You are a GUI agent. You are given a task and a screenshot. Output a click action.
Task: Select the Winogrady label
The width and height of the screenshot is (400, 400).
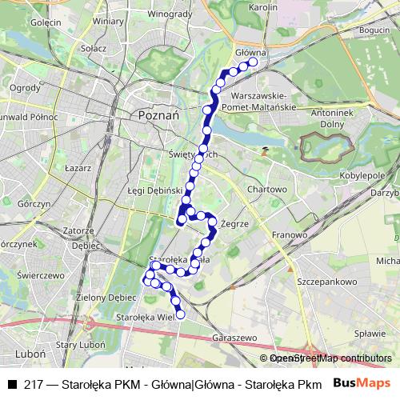[170, 13]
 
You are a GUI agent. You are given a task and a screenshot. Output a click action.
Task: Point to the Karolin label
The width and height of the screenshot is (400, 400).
[262, 7]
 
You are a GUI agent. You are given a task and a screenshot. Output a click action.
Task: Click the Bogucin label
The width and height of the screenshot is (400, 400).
[374, 30]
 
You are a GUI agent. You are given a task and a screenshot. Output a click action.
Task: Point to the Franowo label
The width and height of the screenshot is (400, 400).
[288, 235]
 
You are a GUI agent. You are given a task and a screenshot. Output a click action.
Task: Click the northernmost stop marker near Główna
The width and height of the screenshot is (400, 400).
[254, 62]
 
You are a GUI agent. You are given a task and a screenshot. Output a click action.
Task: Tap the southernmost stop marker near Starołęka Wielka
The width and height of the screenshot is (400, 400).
[180, 315]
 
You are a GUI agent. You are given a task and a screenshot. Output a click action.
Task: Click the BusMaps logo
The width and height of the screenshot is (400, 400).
[361, 383]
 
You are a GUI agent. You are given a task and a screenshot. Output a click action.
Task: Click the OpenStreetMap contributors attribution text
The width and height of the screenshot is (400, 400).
[326, 358]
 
